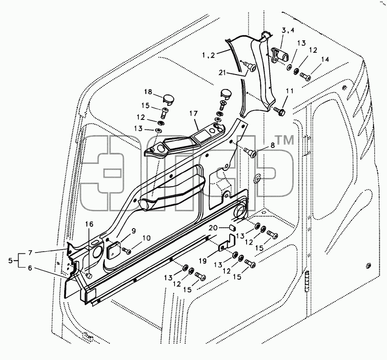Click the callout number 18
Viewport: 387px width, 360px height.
(x=148, y=92)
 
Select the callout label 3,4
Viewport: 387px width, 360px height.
(x=288, y=30)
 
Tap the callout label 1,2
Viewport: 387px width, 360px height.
(x=209, y=55)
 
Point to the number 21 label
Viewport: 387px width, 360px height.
(x=222, y=72)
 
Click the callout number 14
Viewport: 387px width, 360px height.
(x=325, y=59)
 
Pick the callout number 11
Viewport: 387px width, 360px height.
(x=290, y=91)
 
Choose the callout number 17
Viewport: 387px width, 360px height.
(x=194, y=113)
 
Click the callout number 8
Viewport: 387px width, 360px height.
(x=273, y=145)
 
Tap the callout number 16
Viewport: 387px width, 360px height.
(x=89, y=224)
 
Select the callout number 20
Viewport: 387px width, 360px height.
(x=213, y=227)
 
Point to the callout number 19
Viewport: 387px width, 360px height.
(x=203, y=261)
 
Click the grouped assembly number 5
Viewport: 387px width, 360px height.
(x=10, y=260)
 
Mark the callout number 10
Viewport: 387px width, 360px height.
(x=146, y=238)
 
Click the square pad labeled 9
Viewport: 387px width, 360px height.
(x=113, y=250)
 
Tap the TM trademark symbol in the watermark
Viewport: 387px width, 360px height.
(x=284, y=140)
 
